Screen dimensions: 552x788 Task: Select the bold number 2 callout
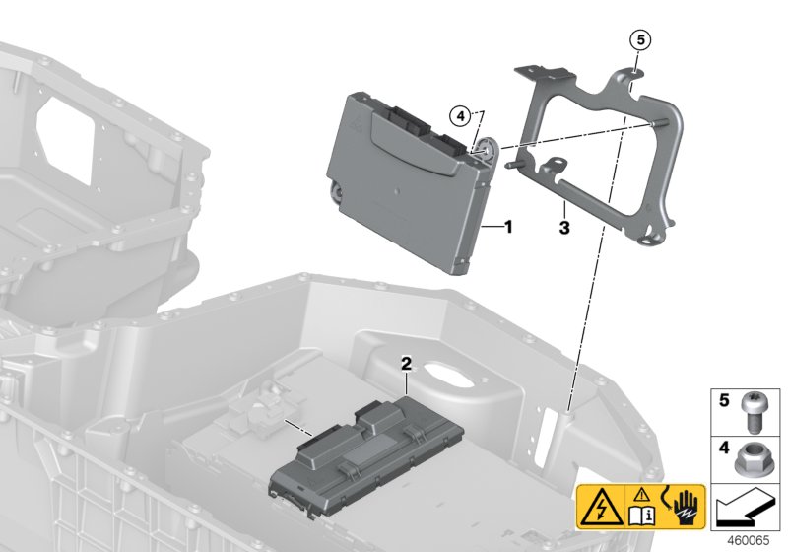[x=405, y=364]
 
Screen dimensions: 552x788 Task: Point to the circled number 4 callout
[x=461, y=115]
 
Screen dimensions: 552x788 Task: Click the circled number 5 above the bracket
[x=641, y=40]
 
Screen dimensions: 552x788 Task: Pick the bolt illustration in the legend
[x=753, y=414]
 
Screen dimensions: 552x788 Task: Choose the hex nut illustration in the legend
[x=753, y=458]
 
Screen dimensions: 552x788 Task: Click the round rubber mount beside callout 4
[x=487, y=151]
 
